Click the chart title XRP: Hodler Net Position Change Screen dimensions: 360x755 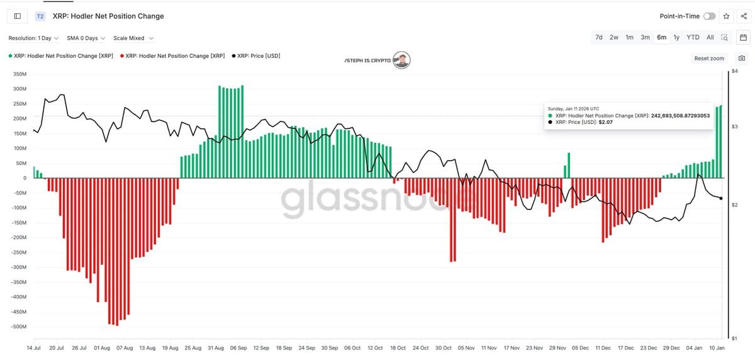pos(108,16)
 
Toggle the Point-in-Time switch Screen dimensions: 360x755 pos(709,16)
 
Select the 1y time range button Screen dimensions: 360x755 pos(676,37)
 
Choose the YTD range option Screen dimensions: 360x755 pos(693,37)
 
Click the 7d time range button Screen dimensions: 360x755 pos(599,37)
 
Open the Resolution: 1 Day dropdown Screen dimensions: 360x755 pos(33,38)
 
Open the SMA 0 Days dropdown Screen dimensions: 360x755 pos(86,38)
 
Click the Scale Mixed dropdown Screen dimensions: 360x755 pos(133,38)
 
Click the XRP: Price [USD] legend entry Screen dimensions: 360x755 pos(258,56)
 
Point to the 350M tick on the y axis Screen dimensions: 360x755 pos(20,74)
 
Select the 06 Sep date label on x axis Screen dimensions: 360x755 pos(238,347)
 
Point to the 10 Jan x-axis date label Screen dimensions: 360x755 pos(717,347)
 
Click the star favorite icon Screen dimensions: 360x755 pos(727,16)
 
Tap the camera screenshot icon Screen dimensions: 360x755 pos(742,59)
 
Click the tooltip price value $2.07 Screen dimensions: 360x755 pos(606,122)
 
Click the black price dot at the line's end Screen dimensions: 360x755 pos(721,198)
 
